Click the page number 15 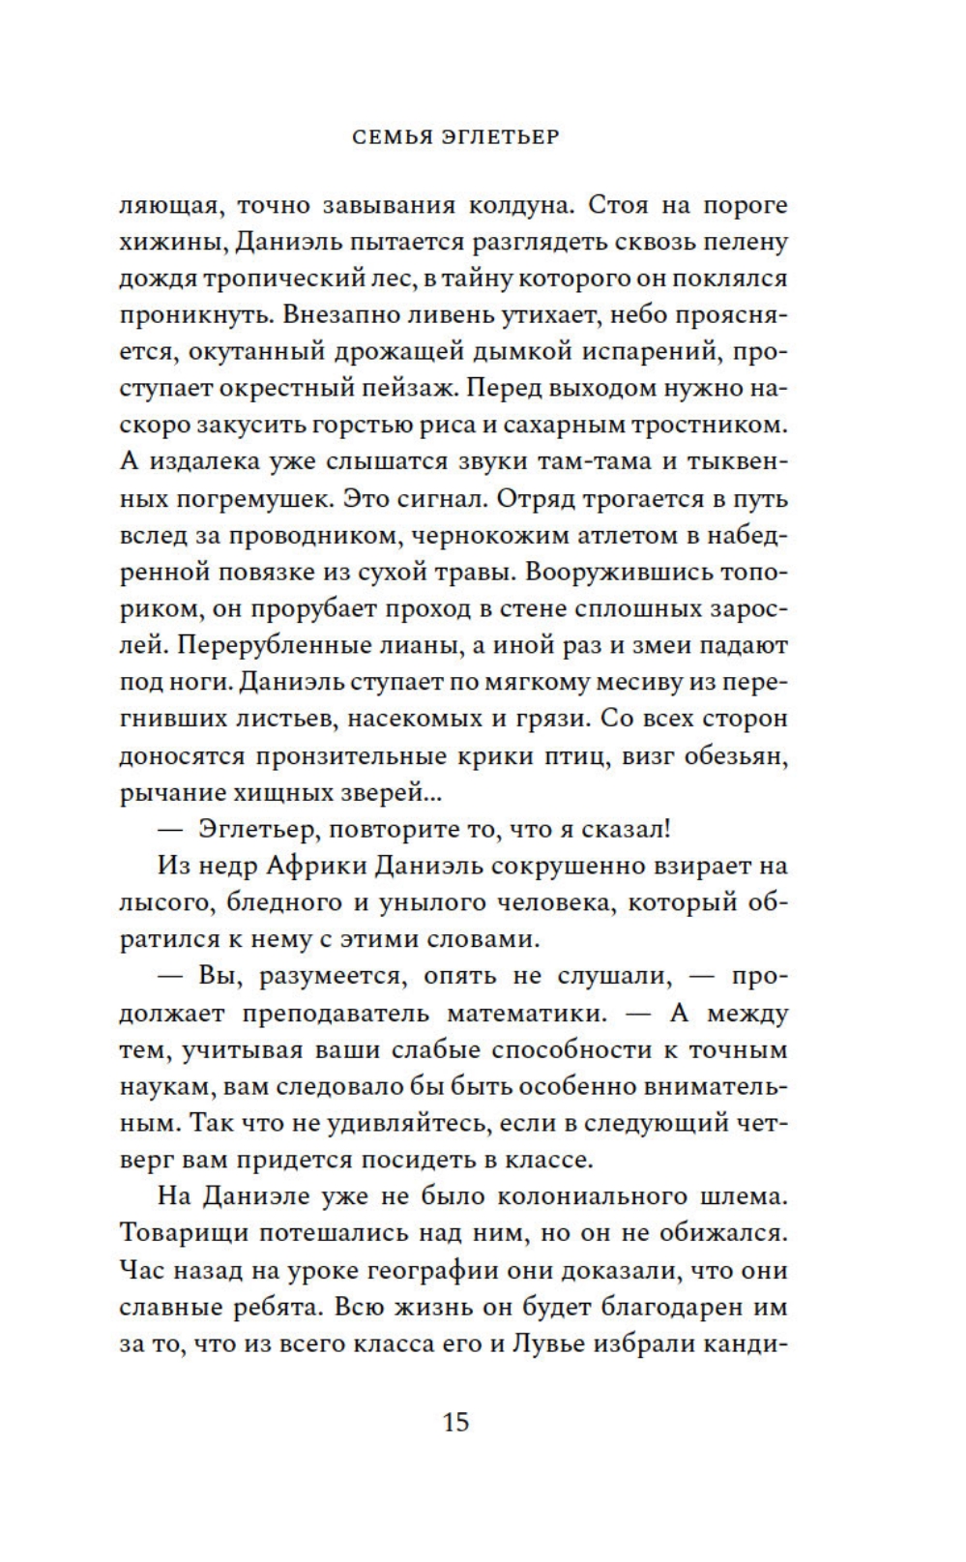pos(455,1422)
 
